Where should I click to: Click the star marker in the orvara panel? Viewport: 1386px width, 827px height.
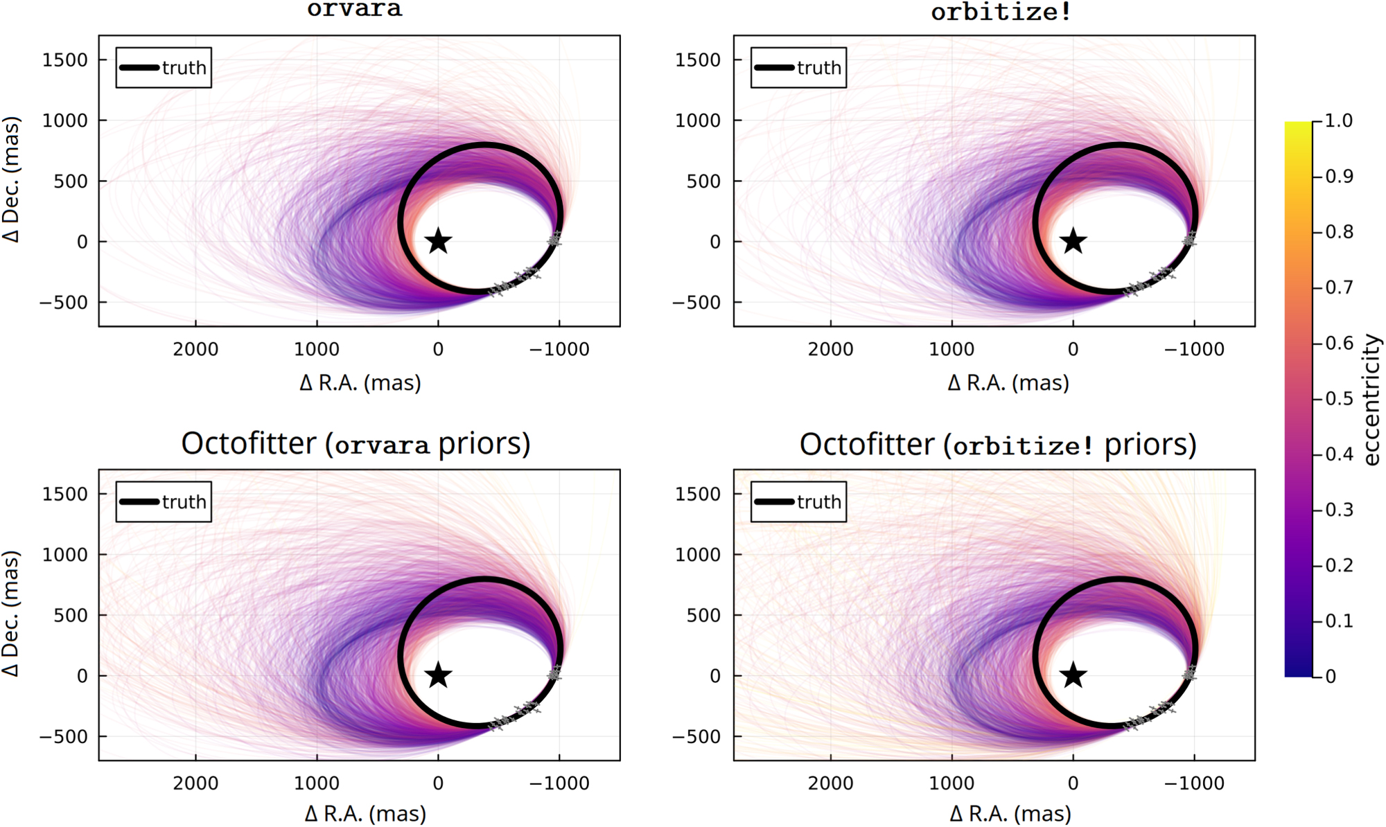click(x=438, y=241)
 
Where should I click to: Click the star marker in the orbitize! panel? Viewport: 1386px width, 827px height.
click(x=1073, y=241)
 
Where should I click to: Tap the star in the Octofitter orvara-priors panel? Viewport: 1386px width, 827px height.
click(x=438, y=675)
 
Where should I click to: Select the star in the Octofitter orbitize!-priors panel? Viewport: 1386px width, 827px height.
click(x=1073, y=675)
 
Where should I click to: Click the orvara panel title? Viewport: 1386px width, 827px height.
click(x=354, y=10)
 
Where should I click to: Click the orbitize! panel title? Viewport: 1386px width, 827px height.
click(x=1001, y=12)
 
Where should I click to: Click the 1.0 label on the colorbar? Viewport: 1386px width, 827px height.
click(x=1338, y=121)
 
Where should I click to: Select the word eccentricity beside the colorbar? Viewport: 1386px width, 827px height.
click(x=1371, y=400)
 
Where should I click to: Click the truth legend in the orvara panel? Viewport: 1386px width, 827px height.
click(x=164, y=68)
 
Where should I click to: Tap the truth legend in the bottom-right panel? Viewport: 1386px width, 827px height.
click(x=798, y=501)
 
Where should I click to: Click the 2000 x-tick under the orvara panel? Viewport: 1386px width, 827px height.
click(x=195, y=349)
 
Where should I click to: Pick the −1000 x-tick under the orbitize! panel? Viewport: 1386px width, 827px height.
click(x=1193, y=349)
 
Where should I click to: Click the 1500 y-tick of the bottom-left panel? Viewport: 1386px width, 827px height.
click(x=65, y=494)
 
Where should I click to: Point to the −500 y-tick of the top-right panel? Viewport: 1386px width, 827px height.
click(x=697, y=303)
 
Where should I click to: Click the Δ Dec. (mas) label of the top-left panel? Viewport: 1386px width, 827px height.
click(x=12, y=180)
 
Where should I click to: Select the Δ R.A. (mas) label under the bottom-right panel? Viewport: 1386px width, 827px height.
click(x=1010, y=813)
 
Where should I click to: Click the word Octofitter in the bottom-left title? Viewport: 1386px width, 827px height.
click(x=248, y=443)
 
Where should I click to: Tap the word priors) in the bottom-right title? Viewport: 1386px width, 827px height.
click(x=1150, y=445)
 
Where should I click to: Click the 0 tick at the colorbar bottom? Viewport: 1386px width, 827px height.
click(x=1330, y=677)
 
